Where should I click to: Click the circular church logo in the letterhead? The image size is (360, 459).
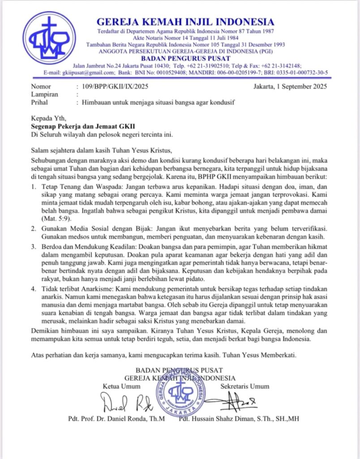[x=50, y=38]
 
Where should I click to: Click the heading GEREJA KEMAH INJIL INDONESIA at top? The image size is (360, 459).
[x=185, y=22]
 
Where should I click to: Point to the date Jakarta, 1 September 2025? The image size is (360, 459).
[x=290, y=87]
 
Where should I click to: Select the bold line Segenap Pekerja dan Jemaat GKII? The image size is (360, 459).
[x=83, y=126]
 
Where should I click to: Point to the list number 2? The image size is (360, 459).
[x=33, y=229]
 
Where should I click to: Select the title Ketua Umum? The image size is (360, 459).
[x=120, y=386]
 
